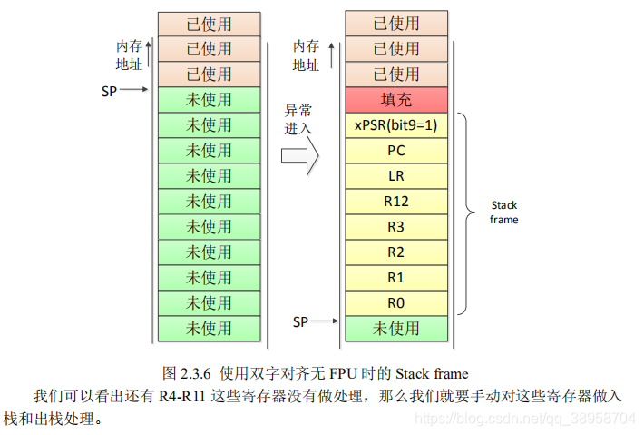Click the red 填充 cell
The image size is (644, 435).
[x=396, y=100]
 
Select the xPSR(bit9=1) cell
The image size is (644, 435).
[x=396, y=125]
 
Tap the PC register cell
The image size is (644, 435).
[x=396, y=151]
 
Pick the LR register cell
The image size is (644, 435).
[x=396, y=176]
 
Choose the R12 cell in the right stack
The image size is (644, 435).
[x=396, y=202]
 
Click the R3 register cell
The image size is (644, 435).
[x=396, y=227]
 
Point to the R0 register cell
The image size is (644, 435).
[x=396, y=303]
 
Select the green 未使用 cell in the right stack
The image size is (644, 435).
[x=396, y=328]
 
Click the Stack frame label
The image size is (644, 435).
[x=504, y=213]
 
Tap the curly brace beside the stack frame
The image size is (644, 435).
[x=463, y=213]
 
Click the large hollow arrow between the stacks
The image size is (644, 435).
[x=299, y=155]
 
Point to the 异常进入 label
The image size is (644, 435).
[x=298, y=119]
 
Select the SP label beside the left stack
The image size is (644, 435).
[x=110, y=90]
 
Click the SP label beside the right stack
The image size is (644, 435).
[x=300, y=321]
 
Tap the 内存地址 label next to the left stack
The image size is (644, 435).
[x=129, y=55]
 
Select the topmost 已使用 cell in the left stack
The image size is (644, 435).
[x=209, y=24]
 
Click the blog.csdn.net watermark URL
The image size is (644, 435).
[x=522, y=419]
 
